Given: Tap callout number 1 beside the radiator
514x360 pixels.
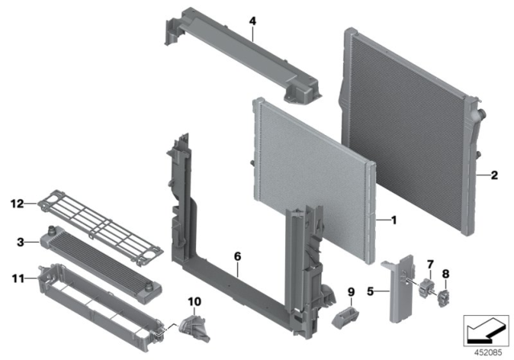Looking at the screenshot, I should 393,219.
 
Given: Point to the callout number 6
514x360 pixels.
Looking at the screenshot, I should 237,255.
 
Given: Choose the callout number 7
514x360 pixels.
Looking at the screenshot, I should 430,264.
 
